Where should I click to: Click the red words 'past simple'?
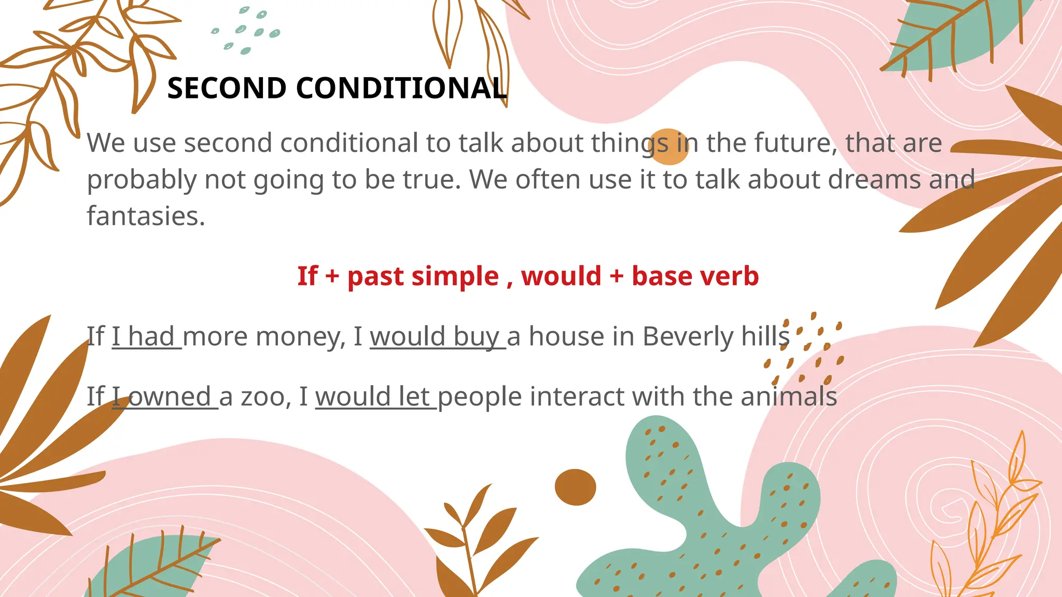pyautogui.click(x=423, y=276)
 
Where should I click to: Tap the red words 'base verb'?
pyautogui.click(x=695, y=276)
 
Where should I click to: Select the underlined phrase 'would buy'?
pyautogui.click(x=435, y=336)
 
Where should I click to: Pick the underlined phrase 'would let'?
pyautogui.click(x=373, y=397)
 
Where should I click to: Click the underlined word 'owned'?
pyautogui.click(x=169, y=397)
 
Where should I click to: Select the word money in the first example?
pyautogui.click(x=301, y=336)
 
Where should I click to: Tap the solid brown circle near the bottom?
pyautogui.click(x=575, y=487)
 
